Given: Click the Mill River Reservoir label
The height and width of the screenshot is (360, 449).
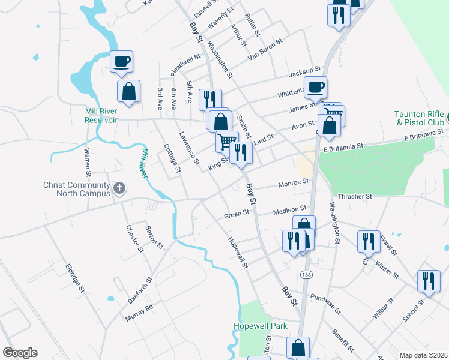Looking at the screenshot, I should (92, 115).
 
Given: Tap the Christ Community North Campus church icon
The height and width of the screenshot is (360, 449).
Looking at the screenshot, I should (119, 189).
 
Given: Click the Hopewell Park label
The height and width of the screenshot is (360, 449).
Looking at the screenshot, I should (261, 326).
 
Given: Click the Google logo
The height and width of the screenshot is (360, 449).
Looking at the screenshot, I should (20, 353).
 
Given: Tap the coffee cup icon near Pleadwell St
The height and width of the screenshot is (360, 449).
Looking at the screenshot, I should (121, 61).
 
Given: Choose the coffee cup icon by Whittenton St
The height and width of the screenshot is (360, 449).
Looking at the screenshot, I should (316, 86).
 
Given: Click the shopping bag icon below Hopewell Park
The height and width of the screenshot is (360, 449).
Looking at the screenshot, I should (298, 347).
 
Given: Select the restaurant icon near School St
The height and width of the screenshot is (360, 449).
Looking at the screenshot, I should (428, 280).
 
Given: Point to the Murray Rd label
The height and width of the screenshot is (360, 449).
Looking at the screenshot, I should (139, 311).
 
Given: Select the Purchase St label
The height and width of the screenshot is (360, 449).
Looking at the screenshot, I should (326, 304).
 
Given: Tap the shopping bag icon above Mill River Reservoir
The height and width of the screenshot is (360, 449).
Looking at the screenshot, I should (128, 91).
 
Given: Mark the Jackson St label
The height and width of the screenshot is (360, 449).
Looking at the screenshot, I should (301, 73).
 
